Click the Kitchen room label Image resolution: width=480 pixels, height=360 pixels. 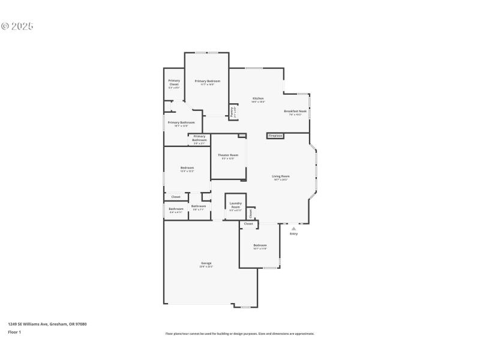258,98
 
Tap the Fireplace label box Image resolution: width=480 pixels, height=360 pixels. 275,136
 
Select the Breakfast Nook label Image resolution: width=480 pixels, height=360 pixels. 295,112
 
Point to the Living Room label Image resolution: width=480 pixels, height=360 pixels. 281,176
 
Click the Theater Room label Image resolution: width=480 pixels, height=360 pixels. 228,155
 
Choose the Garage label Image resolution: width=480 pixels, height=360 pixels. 206,263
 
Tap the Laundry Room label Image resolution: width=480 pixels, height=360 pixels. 235,205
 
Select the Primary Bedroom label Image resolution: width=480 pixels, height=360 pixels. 208,81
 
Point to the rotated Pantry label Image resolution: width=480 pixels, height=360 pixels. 232,111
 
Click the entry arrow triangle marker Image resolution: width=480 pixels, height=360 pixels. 293,229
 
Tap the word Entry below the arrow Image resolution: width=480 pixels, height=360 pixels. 293,234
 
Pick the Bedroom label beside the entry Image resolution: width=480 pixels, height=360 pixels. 260,245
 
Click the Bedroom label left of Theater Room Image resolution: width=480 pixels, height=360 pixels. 187,167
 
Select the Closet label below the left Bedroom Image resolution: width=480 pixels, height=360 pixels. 176,197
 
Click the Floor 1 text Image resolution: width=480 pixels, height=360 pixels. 14,332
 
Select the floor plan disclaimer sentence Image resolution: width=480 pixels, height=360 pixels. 239,334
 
